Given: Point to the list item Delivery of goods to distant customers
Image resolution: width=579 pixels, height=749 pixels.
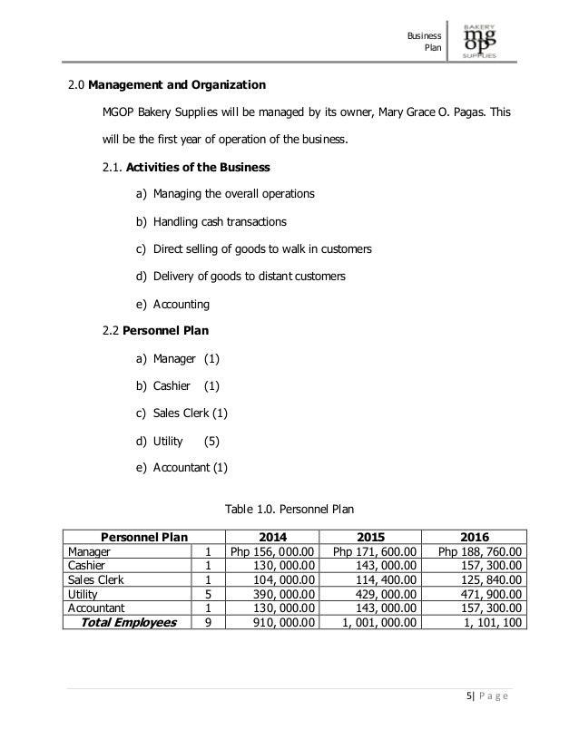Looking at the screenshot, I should click(x=249, y=276).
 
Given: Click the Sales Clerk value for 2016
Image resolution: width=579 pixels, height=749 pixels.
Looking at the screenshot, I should click(x=480, y=579).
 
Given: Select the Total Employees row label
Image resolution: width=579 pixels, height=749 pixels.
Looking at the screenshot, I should click(x=127, y=623).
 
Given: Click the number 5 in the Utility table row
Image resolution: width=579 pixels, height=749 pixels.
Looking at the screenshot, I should click(x=209, y=593).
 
